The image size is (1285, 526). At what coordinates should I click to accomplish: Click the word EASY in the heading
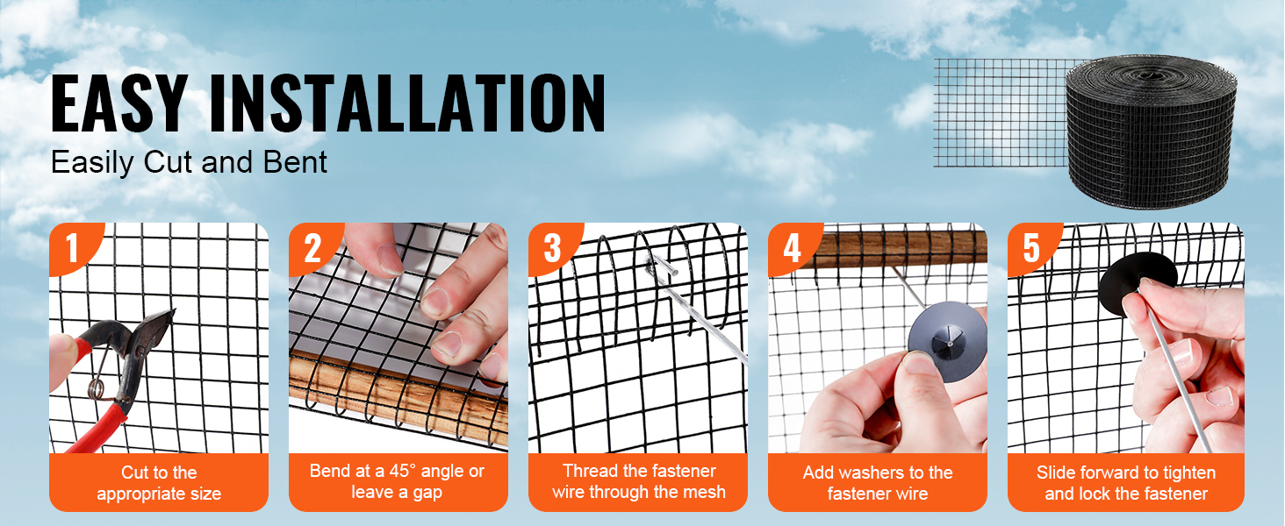click(119, 103)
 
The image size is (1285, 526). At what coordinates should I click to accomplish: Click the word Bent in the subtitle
click(295, 162)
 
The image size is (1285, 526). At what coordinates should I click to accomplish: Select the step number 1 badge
click(73, 249)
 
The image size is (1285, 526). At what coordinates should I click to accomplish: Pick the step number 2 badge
click(312, 249)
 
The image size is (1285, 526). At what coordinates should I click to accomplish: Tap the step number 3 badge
click(552, 249)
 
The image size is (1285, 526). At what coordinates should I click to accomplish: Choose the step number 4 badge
click(793, 249)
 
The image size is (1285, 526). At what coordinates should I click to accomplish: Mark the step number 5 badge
click(1031, 249)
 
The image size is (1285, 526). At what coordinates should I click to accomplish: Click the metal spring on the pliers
click(99, 375)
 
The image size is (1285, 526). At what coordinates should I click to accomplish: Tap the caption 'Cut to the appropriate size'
click(159, 483)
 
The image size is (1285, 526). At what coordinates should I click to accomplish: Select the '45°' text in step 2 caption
click(402, 471)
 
